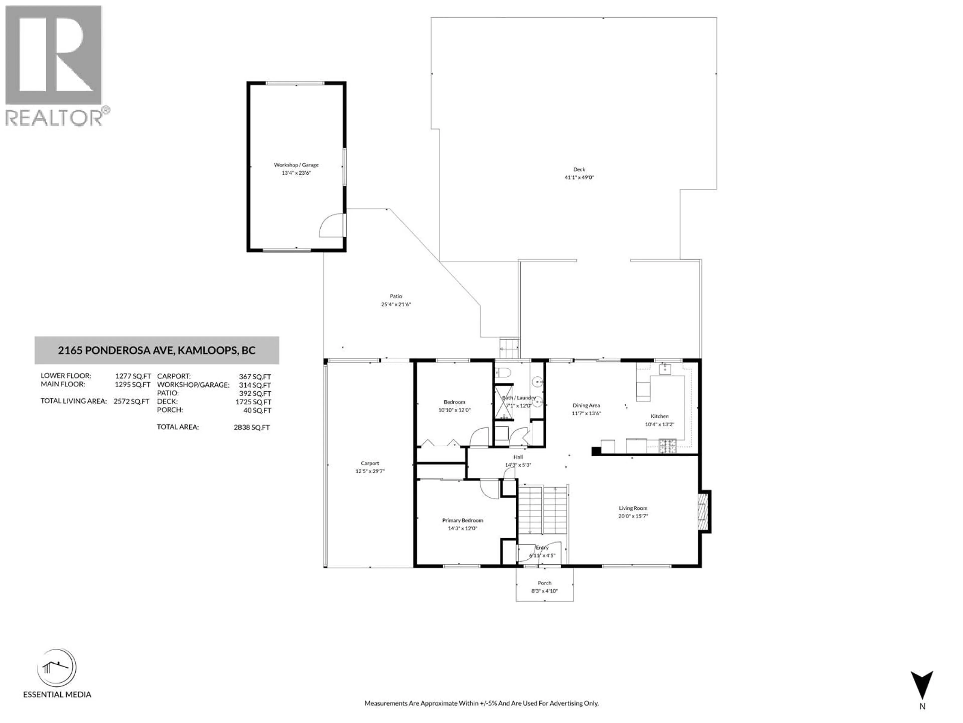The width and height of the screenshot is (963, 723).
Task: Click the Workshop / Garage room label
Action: (296, 165)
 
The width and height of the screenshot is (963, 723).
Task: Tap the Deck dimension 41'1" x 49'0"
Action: (579, 177)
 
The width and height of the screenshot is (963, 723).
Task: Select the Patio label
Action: (396, 296)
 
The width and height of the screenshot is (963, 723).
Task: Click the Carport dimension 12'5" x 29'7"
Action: (370, 471)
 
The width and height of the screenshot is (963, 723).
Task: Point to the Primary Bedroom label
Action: (462, 520)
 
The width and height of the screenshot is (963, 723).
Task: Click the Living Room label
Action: (633, 508)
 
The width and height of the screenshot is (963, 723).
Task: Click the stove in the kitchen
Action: (667, 445)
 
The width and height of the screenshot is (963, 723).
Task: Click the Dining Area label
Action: (586, 405)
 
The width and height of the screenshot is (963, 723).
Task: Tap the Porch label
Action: (544, 583)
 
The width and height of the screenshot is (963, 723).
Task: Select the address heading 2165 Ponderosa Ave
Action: (157, 350)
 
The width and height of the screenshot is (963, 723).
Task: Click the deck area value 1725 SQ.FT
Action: (253, 402)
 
